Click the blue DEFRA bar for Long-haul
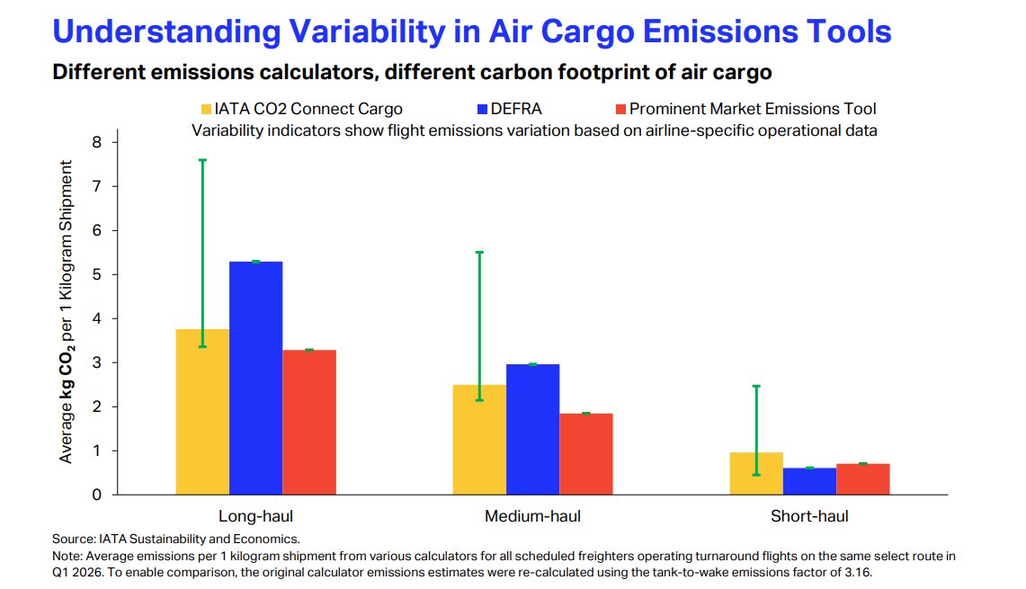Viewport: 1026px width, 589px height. point(256,378)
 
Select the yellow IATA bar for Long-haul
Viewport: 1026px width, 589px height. point(203,412)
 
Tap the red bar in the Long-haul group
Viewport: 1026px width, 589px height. point(309,422)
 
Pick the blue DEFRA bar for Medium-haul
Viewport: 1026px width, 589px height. point(532,429)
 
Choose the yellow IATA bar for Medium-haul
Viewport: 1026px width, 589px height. point(479,440)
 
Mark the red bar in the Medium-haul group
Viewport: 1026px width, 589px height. point(586,454)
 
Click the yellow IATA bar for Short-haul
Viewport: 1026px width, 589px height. point(756,474)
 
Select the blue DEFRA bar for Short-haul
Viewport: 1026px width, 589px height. point(810,481)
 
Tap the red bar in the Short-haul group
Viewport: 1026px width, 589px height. point(863,479)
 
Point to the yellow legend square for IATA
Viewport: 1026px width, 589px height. point(206,110)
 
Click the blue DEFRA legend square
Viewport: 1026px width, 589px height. point(482,110)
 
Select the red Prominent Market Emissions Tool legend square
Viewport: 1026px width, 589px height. point(621,110)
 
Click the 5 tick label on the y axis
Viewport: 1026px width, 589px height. point(97,274)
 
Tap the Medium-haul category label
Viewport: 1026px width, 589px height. point(532,515)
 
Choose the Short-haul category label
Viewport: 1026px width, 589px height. point(809,515)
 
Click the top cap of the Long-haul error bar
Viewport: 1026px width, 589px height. point(203,160)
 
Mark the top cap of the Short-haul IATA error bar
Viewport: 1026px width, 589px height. point(756,386)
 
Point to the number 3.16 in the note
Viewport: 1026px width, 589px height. point(858,572)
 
